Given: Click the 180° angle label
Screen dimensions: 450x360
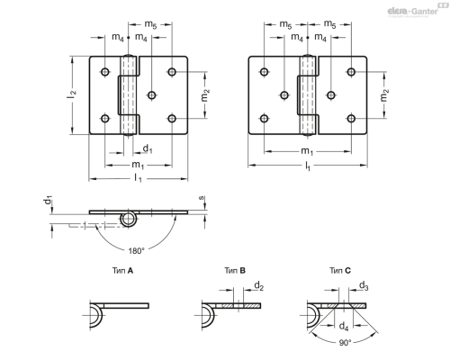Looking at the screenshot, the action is (137, 251).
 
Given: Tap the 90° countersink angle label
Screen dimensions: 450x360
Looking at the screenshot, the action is (345, 343).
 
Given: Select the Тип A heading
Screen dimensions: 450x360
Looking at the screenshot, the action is (122, 271).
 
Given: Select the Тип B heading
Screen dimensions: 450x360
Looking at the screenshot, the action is (235, 271).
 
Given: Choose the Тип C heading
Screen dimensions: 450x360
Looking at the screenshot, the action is (340, 271).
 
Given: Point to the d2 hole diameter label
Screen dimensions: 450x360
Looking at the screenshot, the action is (258, 286).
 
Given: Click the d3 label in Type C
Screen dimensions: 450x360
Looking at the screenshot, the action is (364, 286).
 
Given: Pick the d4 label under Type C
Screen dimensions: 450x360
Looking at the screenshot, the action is (344, 326).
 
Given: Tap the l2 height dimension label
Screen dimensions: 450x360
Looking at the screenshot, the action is (72, 94).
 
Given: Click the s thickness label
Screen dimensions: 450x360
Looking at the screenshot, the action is (202, 198).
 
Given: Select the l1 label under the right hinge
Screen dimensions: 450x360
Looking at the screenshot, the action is (308, 166).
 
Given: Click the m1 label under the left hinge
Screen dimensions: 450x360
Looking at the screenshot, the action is (139, 165).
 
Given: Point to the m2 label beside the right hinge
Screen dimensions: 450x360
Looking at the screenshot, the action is (384, 95).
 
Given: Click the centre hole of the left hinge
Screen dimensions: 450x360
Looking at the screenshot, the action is (152, 95).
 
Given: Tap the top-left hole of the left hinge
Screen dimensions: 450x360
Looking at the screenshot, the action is (105, 72).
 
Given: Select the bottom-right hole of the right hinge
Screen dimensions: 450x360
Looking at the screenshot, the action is (351, 119).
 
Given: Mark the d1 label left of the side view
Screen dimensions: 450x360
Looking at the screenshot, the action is (49, 200).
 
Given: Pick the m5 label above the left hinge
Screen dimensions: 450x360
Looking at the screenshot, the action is (150, 24).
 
